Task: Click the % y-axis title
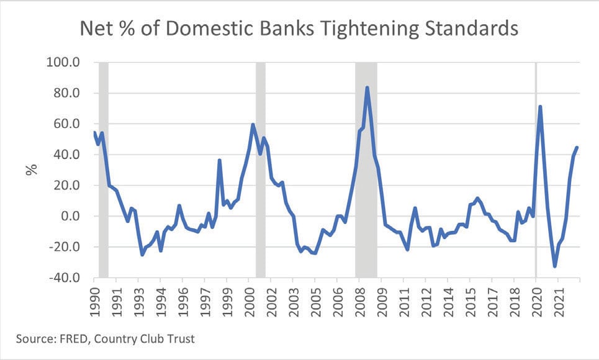click(31, 169)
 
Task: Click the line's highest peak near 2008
click(367, 88)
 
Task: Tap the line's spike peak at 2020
click(540, 107)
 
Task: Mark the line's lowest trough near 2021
click(555, 266)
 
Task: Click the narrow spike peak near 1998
click(220, 160)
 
